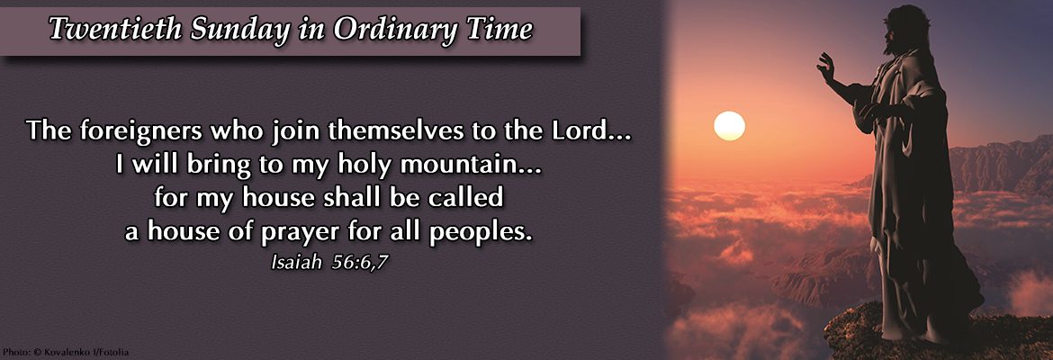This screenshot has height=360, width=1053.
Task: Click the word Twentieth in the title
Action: click(x=114, y=30)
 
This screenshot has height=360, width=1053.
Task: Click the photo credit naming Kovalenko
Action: click(x=65, y=352)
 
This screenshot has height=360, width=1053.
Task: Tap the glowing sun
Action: click(x=729, y=126)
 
